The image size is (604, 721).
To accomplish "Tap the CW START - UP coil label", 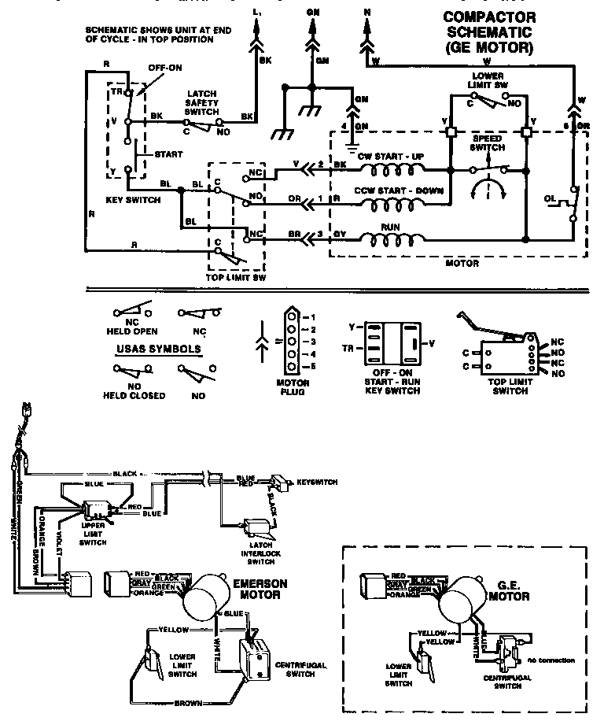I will click(390, 157).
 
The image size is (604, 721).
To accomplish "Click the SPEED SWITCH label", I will click(488, 142).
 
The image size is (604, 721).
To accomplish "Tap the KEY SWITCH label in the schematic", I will click(133, 200).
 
